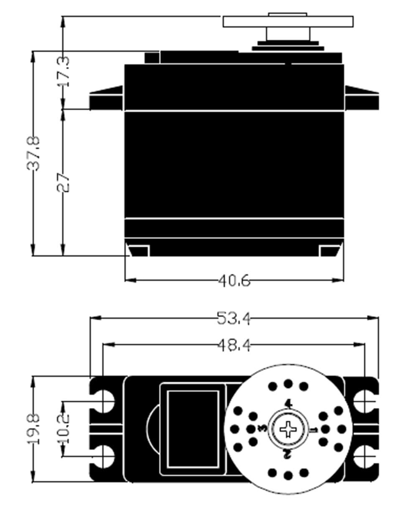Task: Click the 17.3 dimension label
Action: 64,71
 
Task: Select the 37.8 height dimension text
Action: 33,152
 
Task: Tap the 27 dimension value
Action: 64,181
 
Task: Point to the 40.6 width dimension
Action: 234,280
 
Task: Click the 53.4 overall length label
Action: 234,319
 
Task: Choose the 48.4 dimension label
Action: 234,345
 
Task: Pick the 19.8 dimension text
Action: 33,428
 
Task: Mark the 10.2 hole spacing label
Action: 64,428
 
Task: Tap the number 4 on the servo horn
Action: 288,404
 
